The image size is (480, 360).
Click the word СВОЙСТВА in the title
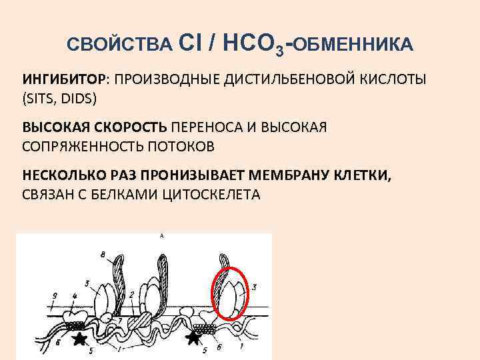(121, 44)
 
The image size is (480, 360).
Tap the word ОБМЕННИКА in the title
(353, 44)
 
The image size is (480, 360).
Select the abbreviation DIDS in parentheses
(80, 99)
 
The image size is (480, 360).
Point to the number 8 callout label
(102, 254)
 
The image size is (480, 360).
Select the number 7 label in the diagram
(119, 321)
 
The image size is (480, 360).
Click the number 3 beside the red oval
(255, 287)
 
